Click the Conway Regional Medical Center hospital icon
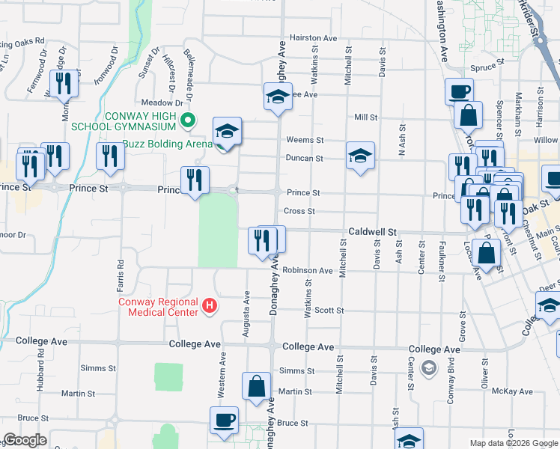pyautogui.click(x=210, y=307)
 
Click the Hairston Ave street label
pyautogui.click(x=314, y=37)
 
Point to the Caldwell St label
pyautogui.click(x=371, y=233)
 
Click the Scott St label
pyautogui.click(x=329, y=310)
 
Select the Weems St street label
pyautogui.click(x=305, y=140)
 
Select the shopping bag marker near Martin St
pyautogui.click(x=256, y=388)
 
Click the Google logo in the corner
pyautogui.click(x=25, y=440)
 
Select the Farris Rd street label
pyautogui.click(x=120, y=275)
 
